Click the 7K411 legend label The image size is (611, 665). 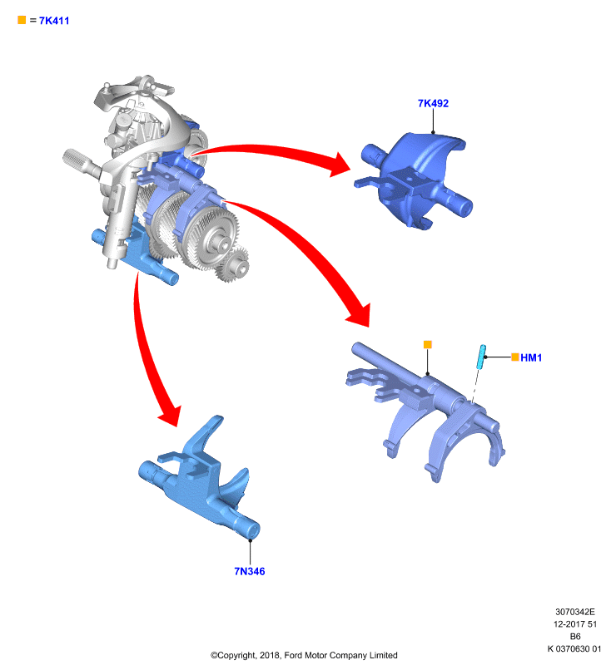54,20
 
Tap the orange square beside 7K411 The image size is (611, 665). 22,20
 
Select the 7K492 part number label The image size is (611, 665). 433,103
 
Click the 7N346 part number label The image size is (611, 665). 250,571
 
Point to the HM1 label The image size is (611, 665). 531,357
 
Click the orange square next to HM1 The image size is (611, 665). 515,357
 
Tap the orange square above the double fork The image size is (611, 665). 428,344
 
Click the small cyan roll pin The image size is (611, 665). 481,357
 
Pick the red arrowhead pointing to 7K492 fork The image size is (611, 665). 339,165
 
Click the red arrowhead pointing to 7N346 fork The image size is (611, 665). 171,414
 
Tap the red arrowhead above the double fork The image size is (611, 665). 360,314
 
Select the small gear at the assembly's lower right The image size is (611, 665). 232,265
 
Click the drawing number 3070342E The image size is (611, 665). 575,612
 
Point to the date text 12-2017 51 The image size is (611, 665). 575,624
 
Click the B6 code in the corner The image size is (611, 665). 575,636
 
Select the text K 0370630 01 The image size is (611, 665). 574,648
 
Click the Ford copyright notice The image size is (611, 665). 304,655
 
